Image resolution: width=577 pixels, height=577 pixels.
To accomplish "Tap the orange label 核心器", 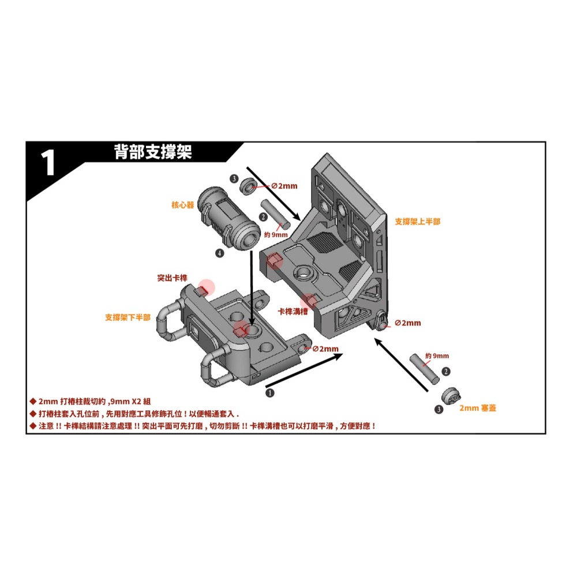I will tap(183, 205).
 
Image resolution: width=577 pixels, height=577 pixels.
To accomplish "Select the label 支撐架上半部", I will tap(417, 222).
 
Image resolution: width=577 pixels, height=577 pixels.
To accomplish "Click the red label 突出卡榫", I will tap(173, 278).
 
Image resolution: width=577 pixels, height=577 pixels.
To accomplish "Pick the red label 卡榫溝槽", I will tap(293, 311).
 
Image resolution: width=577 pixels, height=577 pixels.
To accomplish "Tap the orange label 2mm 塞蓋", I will tap(478, 408).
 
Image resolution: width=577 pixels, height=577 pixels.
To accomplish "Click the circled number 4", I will tap(220, 253).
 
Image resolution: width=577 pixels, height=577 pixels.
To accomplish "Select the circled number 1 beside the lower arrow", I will tap(269, 392).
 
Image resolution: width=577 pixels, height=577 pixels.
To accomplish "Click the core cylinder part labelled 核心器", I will tap(227, 218).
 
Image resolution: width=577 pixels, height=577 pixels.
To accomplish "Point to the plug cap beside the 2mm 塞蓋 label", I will tap(451, 396).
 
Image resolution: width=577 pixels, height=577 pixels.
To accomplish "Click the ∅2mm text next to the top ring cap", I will tap(284, 186).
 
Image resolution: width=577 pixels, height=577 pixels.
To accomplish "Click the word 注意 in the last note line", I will tap(47, 426).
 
